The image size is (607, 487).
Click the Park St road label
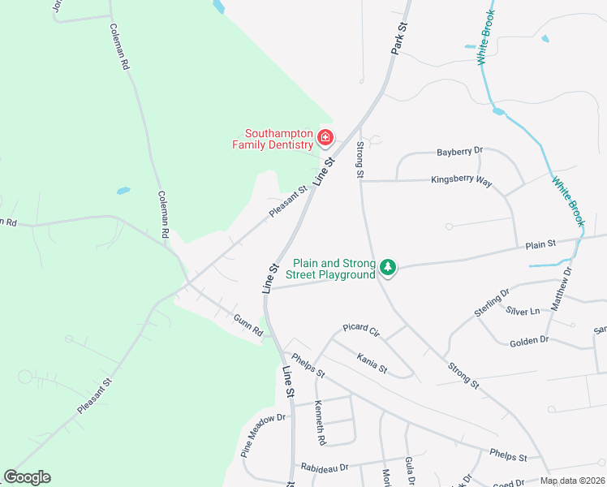click(398, 39)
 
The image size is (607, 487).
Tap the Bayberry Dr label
click(459, 152)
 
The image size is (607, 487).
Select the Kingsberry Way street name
click(461, 181)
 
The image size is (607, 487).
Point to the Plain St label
click(540, 243)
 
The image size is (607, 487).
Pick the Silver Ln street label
click(523, 311)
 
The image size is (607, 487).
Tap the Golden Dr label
click(529, 341)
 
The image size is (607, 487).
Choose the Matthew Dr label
click(562, 289)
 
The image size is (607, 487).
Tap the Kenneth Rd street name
click(320, 423)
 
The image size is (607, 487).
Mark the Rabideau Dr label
click(324, 468)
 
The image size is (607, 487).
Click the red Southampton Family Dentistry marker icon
click(325, 139)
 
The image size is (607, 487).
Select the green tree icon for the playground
click(389, 266)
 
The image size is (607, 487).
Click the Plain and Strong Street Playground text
click(334, 269)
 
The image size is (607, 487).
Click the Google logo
click(27, 477)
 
